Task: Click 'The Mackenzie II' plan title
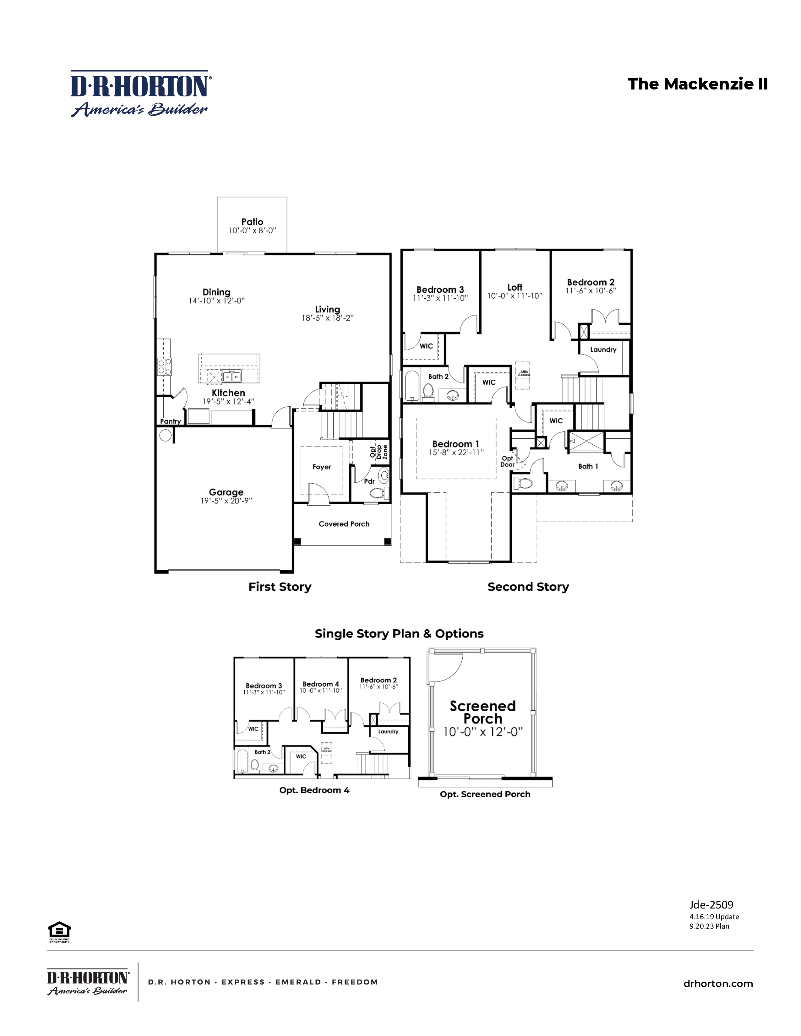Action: (697, 84)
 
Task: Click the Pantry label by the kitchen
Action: (170, 421)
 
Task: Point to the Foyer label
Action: (321, 467)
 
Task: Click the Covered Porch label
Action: (344, 524)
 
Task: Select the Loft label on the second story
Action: (515, 287)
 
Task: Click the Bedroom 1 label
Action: (455, 444)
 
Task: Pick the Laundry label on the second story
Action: (603, 350)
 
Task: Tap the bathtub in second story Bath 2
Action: (412, 385)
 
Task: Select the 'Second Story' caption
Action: (528, 587)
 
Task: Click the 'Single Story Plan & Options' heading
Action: (399, 634)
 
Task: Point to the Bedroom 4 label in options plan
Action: (320, 684)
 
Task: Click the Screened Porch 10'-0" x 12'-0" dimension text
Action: (482, 732)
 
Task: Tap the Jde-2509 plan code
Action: (711, 905)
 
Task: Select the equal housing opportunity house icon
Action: (59, 930)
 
